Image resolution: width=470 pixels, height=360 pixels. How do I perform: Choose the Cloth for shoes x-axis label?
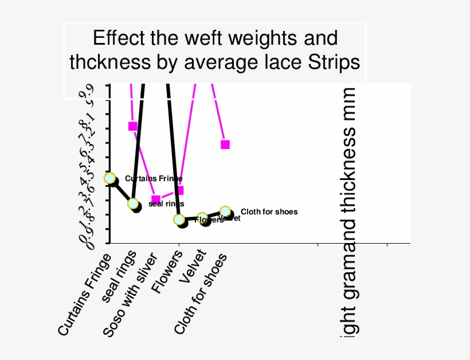[201, 294]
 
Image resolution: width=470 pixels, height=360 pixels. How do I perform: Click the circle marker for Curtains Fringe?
[109, 178]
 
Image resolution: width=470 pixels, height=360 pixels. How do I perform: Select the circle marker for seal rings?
[133, 204]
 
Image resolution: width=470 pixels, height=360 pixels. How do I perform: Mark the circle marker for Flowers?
[179, 220]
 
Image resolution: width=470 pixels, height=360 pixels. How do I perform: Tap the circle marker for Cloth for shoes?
[225, 212]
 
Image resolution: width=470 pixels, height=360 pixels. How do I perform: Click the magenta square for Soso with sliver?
[156, 199]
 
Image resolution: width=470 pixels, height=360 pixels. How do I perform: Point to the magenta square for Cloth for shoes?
[225, 144]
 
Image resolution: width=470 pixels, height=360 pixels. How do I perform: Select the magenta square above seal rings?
[133, 126]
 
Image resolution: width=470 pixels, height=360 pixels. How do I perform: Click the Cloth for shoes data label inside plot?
[269, 212]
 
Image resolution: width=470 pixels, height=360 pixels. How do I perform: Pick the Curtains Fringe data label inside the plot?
[153, 179]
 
